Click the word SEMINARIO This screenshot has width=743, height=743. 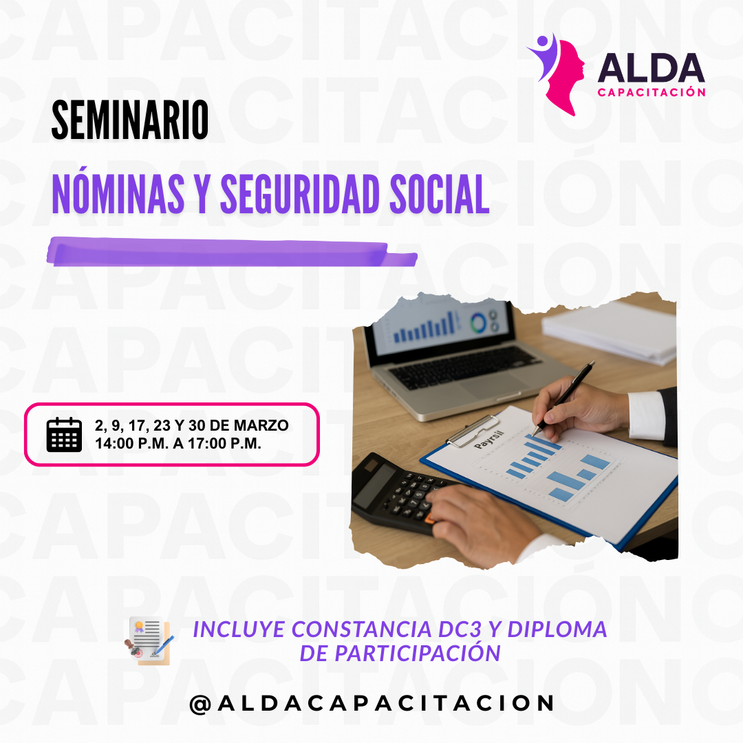click(x=130, y=120)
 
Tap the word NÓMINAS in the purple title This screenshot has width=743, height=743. click(x=118, y=193)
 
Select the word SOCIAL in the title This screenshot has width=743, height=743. click(x=439, y=194)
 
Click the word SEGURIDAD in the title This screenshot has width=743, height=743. click(x=300, y=194)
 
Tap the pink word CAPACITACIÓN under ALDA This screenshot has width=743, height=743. click(x=652, y=92)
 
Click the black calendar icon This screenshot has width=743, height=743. click(x=64, y=435)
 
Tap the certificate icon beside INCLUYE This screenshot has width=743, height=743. click(x=149, y=640)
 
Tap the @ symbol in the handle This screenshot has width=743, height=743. click(x=200, y=704)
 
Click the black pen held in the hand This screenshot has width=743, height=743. click(x=563, y=398)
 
